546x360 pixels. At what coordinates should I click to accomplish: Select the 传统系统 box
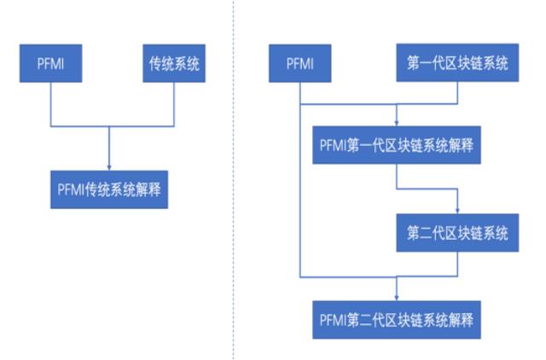pos(174,65)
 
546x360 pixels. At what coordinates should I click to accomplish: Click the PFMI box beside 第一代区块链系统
pos(299,65)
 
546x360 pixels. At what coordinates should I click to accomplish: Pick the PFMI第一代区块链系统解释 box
pos(397,147)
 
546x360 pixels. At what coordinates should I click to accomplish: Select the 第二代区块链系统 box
pos(458,232)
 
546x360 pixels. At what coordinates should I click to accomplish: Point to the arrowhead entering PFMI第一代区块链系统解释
pos(397,125)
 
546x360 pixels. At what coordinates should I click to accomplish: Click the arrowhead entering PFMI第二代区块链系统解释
pos(397,299)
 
